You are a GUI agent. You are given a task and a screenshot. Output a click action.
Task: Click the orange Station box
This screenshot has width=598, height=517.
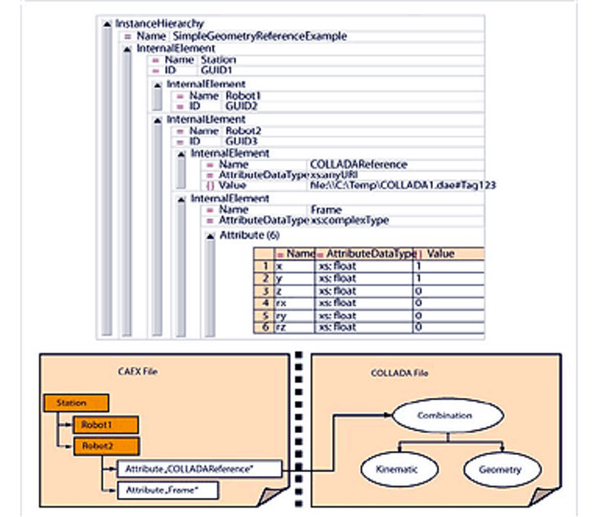pyautogui.click(x=72, y=403)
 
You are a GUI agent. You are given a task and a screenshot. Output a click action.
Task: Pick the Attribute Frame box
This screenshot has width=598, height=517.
pyautogui.click(x=166, y=489)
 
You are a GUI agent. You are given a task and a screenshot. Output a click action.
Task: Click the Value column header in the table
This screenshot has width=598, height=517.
pyautogui.click(x=439, y=255)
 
